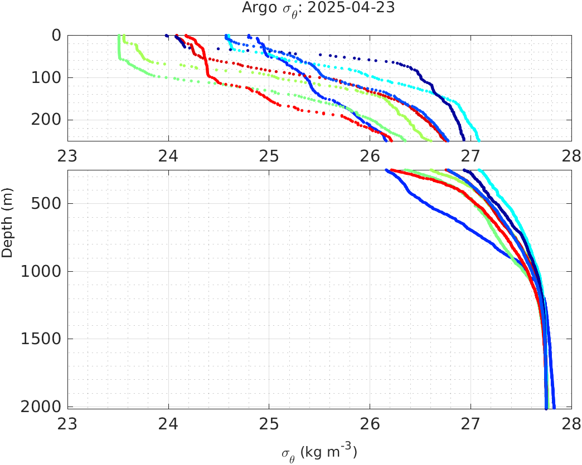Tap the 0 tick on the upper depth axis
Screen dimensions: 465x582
tap(56, 35)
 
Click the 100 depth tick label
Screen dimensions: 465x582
tap(46, 77)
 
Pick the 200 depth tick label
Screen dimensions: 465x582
tap(46, 120)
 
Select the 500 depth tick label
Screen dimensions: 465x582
tap(46, 203)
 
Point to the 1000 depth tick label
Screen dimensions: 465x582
tap(42, 272)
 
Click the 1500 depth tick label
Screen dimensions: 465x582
tap(42, 339)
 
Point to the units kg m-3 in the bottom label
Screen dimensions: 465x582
tap(329, 452)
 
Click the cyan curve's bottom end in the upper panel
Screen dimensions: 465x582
tap(478, 140)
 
